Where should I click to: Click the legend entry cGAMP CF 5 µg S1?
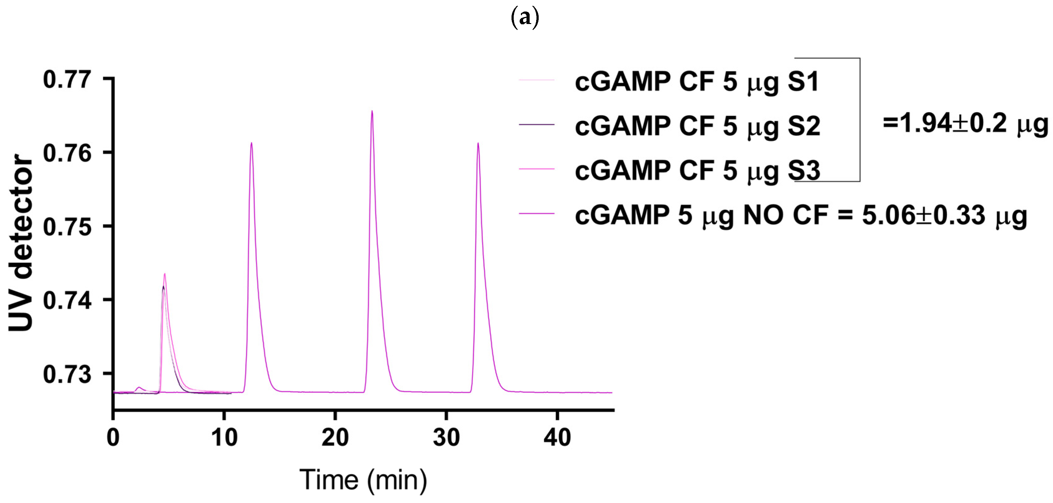(697, 82)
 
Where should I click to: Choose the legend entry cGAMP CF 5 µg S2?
(697, 126)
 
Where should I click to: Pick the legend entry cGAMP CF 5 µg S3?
(697, 171)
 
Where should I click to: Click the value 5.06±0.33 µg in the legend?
(944, 215)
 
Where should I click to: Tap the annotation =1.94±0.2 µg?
(965, 123)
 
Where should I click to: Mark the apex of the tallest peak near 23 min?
(372, 111)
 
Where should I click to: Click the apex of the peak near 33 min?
(478, 143)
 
